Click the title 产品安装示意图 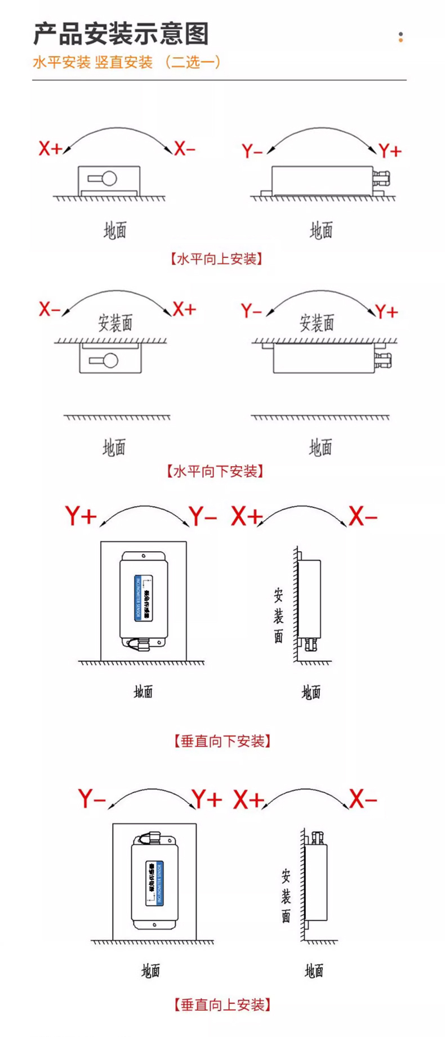[x=121, y=34]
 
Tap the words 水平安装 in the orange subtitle [x=61, y=62]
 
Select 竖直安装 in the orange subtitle [x=124, y=62]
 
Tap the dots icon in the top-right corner [x=400, y=37]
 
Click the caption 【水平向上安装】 [x=216, y=259]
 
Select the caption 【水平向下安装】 [x=215, y=471]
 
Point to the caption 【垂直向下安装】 [x=222, y=741]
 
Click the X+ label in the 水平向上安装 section [x=50, y=149]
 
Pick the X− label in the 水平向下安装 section [x=50, y=309]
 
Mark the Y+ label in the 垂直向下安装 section [x=81, y=516]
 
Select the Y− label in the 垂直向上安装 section [x=92, y=798]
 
